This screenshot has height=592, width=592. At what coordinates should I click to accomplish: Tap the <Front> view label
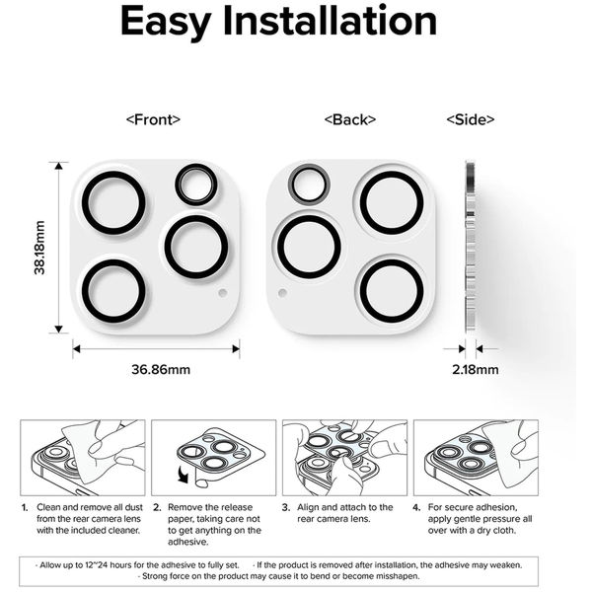153,119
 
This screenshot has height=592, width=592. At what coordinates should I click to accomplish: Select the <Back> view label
349,119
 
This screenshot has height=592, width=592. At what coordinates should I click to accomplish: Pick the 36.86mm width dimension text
161,370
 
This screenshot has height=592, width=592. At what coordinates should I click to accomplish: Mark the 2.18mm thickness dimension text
473,370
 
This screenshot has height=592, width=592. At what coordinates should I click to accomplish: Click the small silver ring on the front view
195,185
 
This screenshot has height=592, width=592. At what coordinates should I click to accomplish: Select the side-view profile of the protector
470,248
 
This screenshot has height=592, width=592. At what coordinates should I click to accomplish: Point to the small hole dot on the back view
283,293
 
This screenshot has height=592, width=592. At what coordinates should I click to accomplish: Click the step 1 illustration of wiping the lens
83,457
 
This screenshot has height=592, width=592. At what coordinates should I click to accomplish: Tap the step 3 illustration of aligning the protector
344,457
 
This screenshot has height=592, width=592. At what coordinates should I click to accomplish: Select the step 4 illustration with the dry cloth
476,457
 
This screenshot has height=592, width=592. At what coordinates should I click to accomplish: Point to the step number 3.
284,507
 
